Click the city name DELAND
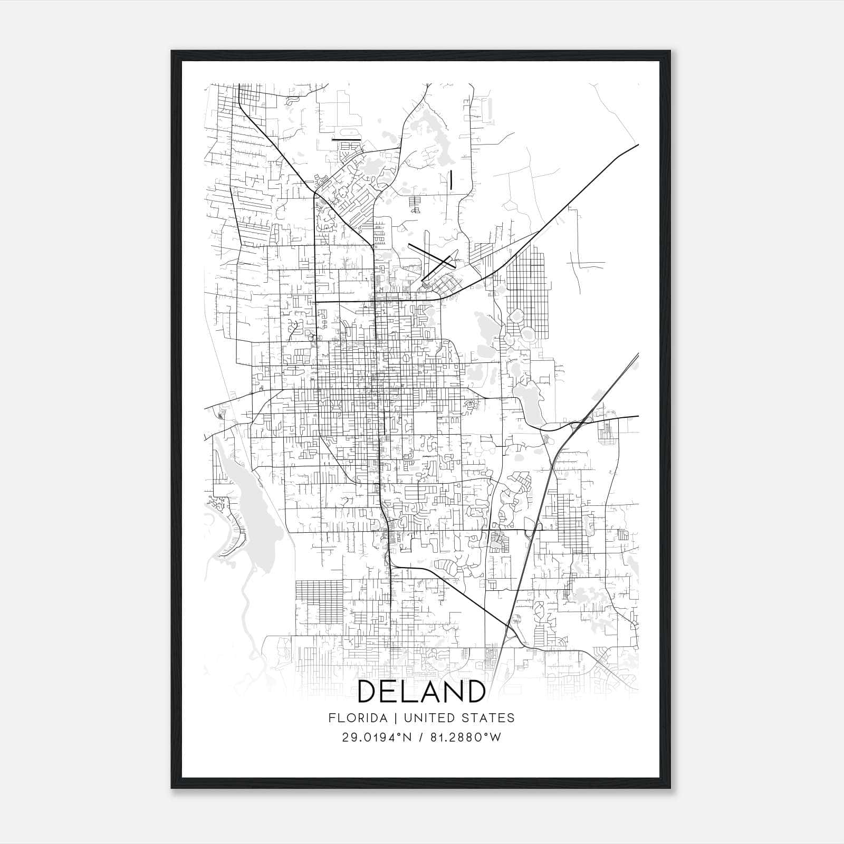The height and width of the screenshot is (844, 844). click(x=421, y=692)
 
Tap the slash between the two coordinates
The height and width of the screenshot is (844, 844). click(x=420, y=737)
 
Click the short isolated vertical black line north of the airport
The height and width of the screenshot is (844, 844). click(x=452, y=179)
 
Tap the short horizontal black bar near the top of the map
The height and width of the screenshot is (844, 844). click(x=346, y=140)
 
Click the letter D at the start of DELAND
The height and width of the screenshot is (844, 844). click(x=368, y=692)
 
